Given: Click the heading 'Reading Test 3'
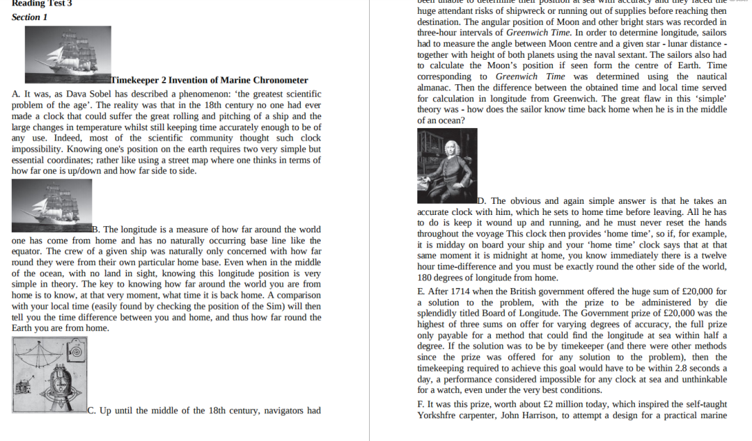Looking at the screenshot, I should tap(42, 3).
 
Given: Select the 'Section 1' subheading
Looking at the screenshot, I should tap(30, 17).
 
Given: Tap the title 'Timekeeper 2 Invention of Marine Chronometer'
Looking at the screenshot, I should tap(210, 80).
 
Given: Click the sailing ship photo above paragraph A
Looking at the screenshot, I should tap(68, 54).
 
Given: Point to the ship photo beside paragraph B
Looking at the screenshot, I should tap(52, 205).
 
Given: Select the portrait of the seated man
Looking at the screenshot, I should tap(446, 166).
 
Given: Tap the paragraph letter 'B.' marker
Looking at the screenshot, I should tap(97, 230).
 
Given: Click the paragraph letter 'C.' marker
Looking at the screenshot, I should tap(92, 410).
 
